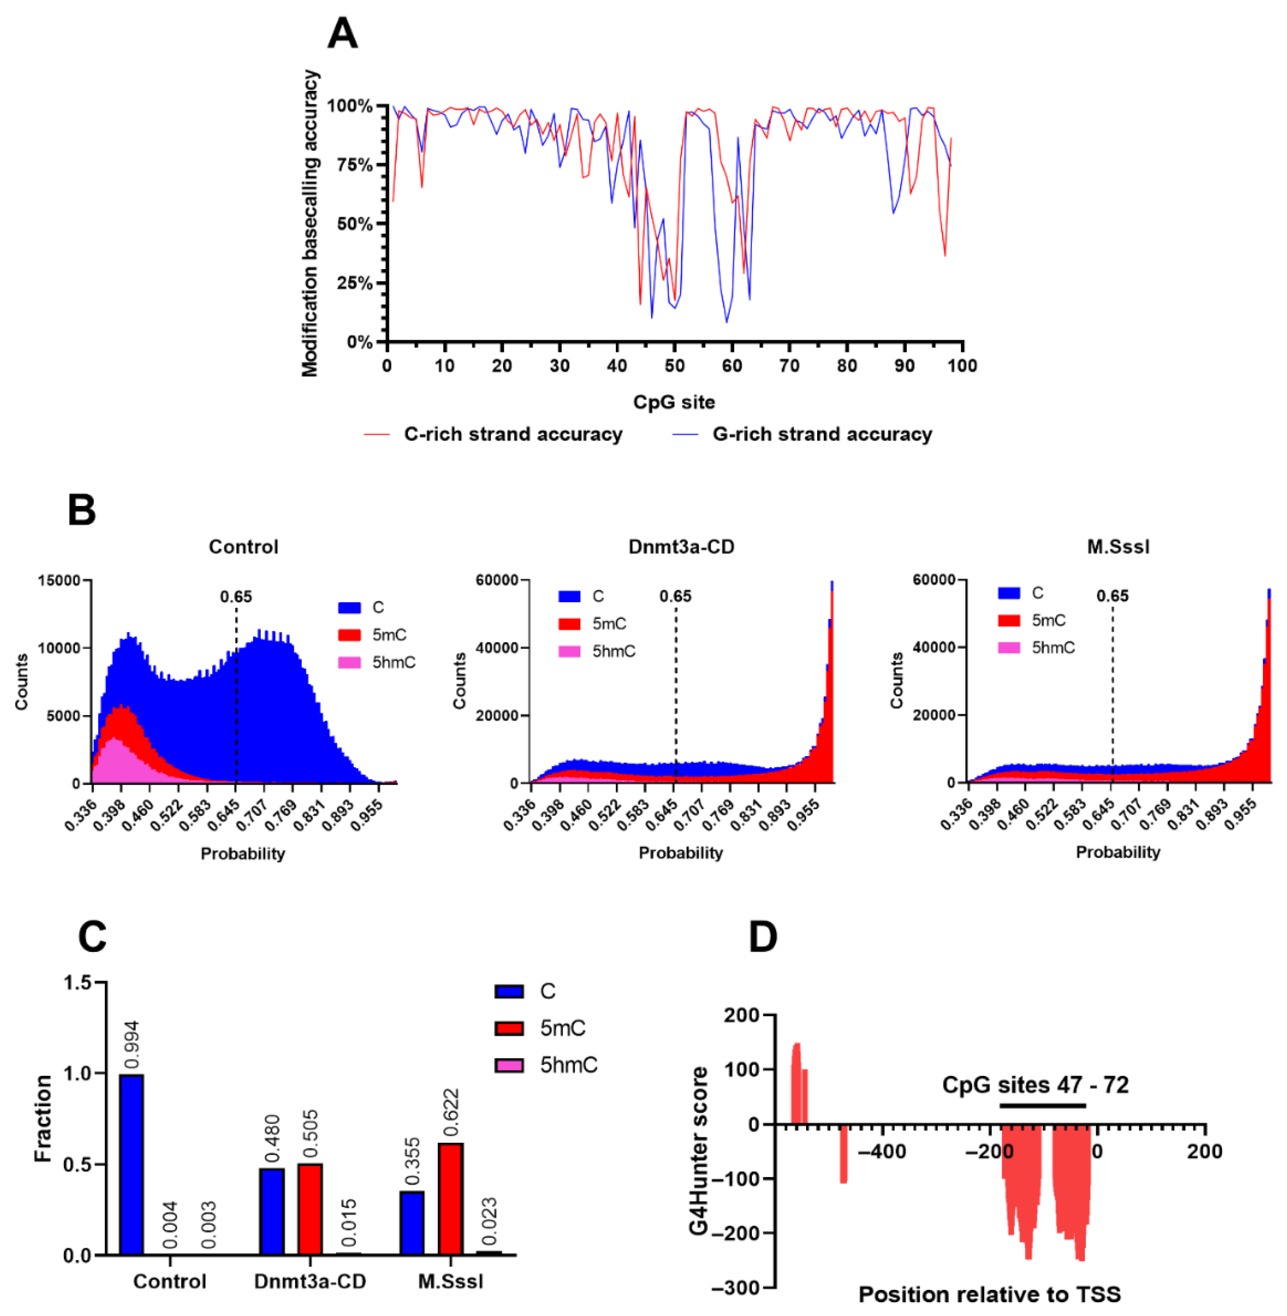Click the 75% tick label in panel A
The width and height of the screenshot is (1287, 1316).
point(350,165)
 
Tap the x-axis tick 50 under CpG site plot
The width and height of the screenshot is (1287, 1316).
point(674,366)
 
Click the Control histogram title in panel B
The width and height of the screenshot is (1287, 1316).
point(243,546)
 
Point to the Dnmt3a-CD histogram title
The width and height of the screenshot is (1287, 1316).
point(681,546)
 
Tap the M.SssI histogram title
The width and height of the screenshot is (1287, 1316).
point(1118,546)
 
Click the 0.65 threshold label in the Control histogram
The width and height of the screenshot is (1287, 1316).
point(236,596)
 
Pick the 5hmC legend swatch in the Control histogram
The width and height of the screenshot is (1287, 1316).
point(350,662)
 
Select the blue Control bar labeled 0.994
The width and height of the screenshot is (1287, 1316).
point(131,1163)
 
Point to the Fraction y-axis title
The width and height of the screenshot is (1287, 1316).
point(43,1119)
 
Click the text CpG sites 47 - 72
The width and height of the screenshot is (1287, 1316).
point(1035,1085)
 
